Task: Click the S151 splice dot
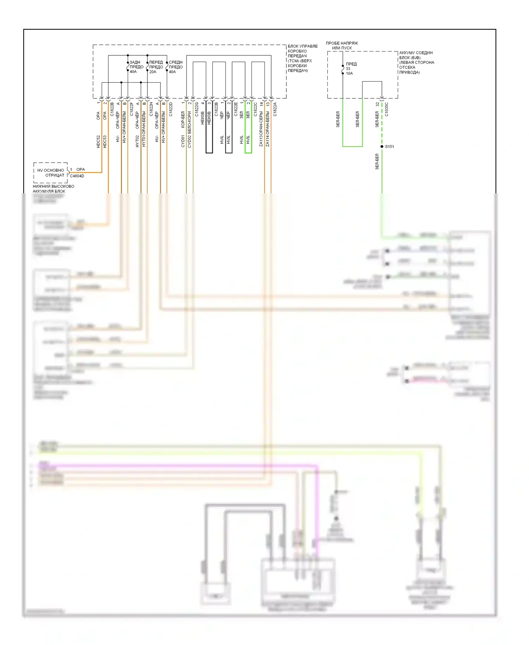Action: pyautogui.click(x=382, y=146)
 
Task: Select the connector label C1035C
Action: pyautogui.click(x=387, y=110)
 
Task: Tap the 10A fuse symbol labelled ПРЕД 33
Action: pyautogui.click(x=343, y=70)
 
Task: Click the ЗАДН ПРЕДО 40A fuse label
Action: pyautogui.click(x=136, y=67)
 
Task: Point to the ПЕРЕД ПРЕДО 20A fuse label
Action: pyautogui.click(x=156, y=67)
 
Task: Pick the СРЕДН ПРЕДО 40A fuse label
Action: pyautogui.click(x=175, y=67)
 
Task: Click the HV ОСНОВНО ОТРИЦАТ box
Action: pyautogui.click(x=51, y=173)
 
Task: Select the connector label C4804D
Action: pyautogui.click(x=77, y=176)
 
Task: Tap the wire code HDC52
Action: pyautogui.click(x=98, y=141)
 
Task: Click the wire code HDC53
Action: pyautogui.click(x=105, y=141)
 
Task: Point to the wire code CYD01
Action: pyautogui.click(x=183, y=141)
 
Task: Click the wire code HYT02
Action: pyautogui.click(x=138, y=141)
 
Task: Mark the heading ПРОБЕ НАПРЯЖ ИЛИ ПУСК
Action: pyautogui.click(x=342, y=46)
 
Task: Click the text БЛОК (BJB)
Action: pyautogui.click(x=410, y=58)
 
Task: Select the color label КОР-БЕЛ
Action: pyautogui.click(x=183, y=120)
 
